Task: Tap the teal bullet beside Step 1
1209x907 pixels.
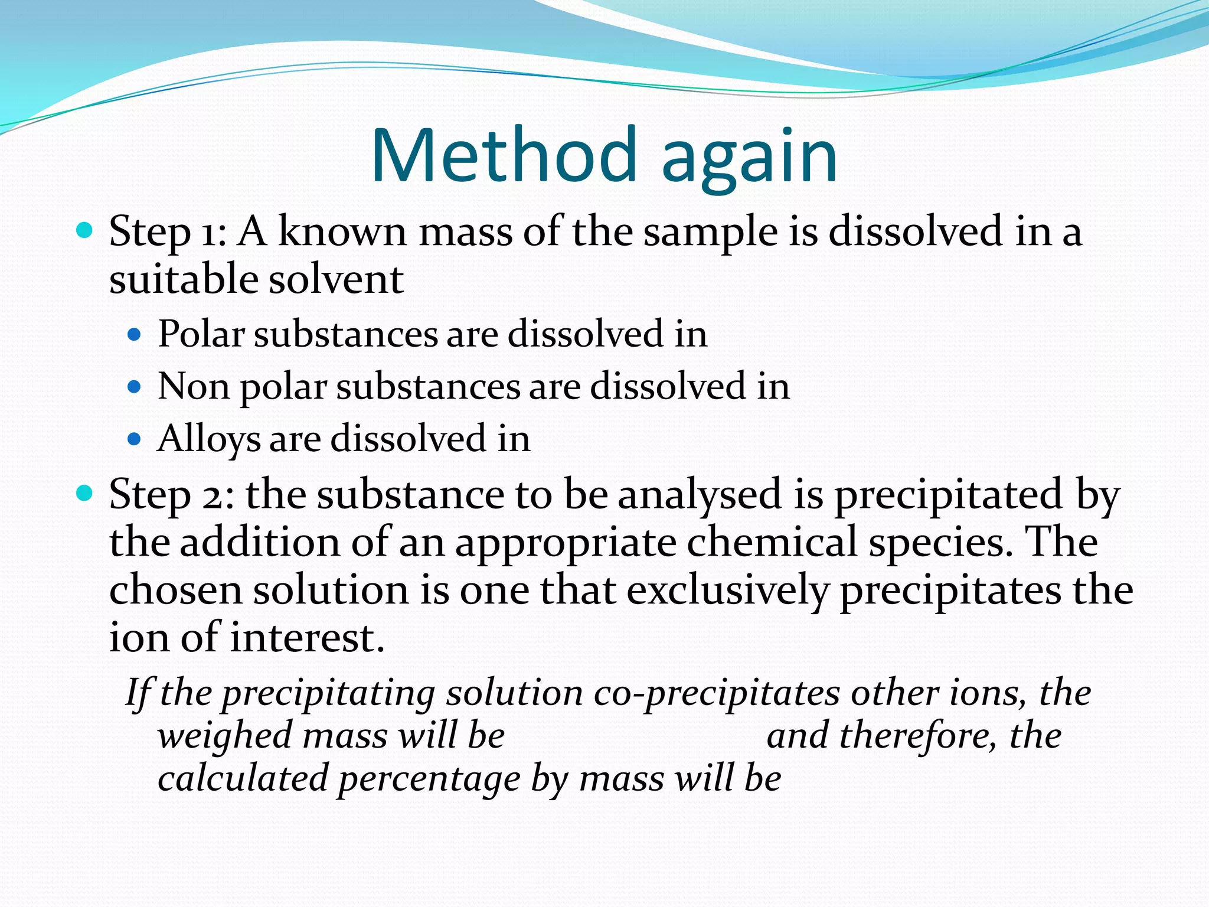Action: (85, 230)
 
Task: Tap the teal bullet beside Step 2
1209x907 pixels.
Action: (85, 492)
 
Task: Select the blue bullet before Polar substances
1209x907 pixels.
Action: (135, 335)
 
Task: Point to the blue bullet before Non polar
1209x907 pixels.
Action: (135, 387)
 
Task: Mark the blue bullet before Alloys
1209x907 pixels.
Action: (135, 439)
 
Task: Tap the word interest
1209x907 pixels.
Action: (307, 638)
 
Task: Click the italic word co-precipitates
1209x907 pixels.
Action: (716, 693)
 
